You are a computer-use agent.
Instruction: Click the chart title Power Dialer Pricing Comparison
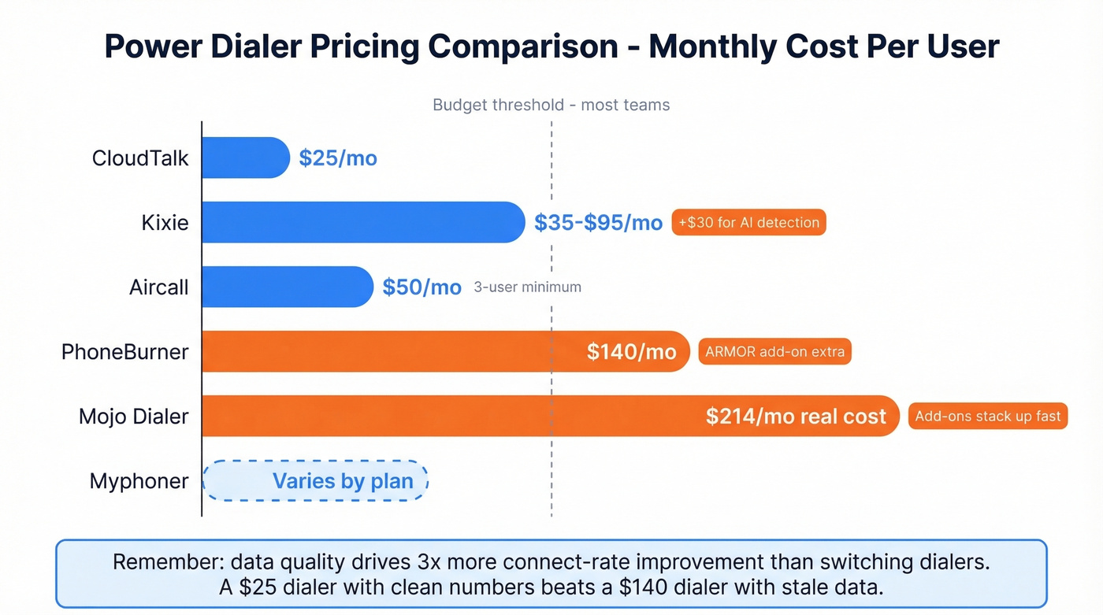551,46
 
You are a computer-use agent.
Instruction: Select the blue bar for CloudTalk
245,157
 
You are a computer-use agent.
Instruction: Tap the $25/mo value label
338,158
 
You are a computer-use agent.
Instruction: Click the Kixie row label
165,223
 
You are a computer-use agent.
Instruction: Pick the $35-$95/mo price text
598,223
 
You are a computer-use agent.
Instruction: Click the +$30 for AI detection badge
748,223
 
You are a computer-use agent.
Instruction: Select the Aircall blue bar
287,287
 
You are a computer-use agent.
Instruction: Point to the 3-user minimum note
527,287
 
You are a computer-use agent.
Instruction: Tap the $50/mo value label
422,287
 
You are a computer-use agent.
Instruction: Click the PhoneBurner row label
125,351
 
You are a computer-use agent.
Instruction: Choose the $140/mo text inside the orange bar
631,352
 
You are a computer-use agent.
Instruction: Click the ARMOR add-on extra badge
774,352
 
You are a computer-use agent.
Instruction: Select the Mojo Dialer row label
134,416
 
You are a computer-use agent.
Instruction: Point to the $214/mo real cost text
796,417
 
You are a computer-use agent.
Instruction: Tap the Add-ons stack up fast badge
988,416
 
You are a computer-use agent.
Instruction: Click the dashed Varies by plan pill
316,480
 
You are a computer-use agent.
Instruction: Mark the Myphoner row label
139,480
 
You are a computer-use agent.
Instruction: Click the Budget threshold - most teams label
551,105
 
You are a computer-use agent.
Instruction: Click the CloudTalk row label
140,158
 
